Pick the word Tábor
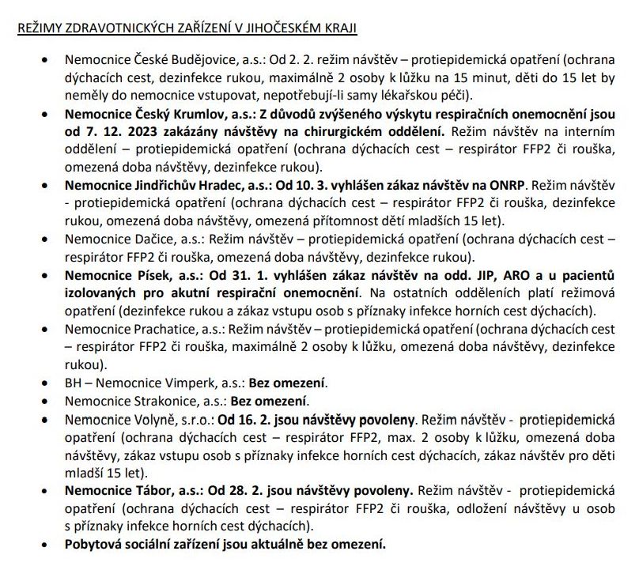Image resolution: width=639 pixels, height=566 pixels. tap(144, 489)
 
